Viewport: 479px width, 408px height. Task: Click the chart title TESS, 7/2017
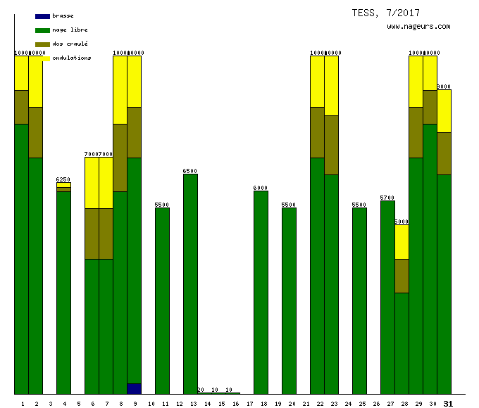386,13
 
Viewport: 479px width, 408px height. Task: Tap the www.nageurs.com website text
418,26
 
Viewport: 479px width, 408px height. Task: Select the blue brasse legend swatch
42,16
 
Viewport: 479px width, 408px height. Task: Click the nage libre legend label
70,30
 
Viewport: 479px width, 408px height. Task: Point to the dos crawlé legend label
70,44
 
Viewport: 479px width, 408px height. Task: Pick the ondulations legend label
72,58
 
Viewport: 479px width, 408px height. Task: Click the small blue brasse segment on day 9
134,388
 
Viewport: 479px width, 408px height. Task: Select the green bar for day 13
190,281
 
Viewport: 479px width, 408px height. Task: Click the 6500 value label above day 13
190,171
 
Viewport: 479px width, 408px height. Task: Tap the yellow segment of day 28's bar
402,241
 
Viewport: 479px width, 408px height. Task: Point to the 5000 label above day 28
402,222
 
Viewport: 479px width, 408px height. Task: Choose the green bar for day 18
261,292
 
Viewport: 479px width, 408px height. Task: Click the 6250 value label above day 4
63,179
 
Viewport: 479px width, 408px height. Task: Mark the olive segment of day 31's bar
444,153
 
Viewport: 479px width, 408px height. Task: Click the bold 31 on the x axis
448,403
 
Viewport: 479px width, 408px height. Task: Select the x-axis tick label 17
249,404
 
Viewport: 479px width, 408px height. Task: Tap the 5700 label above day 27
387,198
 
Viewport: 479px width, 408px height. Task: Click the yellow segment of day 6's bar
92,182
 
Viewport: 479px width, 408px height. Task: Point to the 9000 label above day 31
444,87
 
